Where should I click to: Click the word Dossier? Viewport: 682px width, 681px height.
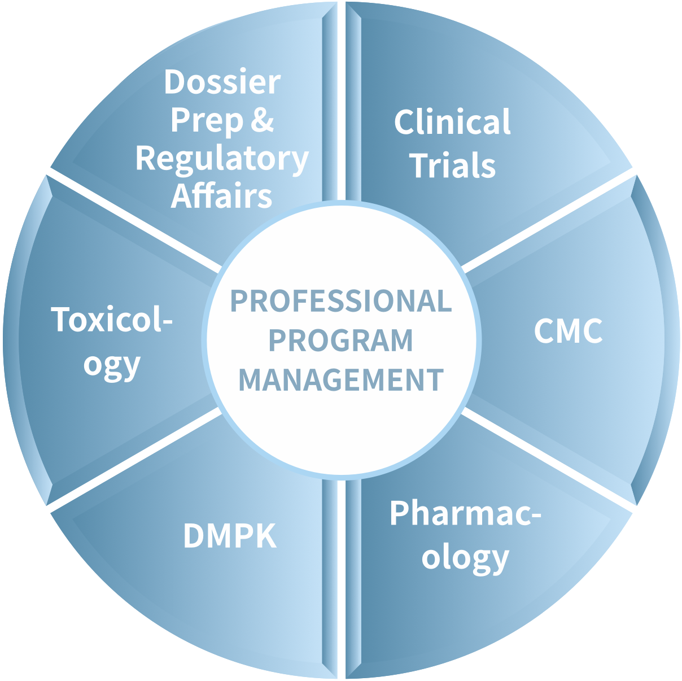(222, 82)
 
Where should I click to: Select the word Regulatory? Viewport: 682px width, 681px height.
(222, 159)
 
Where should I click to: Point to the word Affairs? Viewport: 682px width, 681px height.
(222, 195)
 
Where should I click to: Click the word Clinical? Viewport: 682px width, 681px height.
(452, 122)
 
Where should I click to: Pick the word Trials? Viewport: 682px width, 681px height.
(453, 165)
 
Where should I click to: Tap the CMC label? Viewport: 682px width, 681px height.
(568, 331)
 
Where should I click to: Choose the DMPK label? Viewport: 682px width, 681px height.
(230, 536)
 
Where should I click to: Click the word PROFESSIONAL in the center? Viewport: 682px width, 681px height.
(341, 301)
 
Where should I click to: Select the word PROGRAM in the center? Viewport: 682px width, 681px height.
(341, 340)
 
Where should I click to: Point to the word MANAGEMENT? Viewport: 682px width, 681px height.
(341, 379)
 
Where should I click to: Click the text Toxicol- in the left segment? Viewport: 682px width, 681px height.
(112, 320)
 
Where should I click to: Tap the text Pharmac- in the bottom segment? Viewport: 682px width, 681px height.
(465, 513)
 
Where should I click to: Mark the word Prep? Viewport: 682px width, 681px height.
(207, 121)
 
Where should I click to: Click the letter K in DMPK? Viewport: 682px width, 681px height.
(266, 536)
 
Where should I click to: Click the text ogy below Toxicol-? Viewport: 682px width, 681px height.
(112, 365)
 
